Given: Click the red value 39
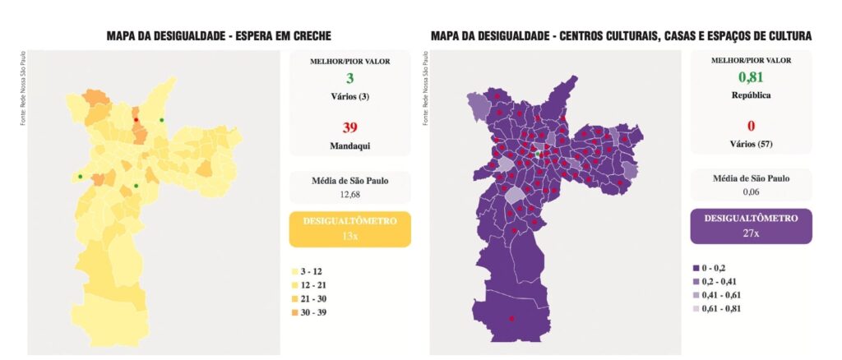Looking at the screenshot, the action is pos(350,127).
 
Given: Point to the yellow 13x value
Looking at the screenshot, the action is pos(350,236).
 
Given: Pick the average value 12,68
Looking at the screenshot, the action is pos(350,194).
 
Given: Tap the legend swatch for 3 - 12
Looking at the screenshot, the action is pos(294,270).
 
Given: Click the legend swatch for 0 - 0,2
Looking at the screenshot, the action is pos(696,268).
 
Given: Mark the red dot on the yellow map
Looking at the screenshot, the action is pos(136,121).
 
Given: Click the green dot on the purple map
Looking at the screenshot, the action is pos(538,154).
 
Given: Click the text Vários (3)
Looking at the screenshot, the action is pos(350,96).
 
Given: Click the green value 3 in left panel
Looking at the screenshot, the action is pos(350,78).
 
